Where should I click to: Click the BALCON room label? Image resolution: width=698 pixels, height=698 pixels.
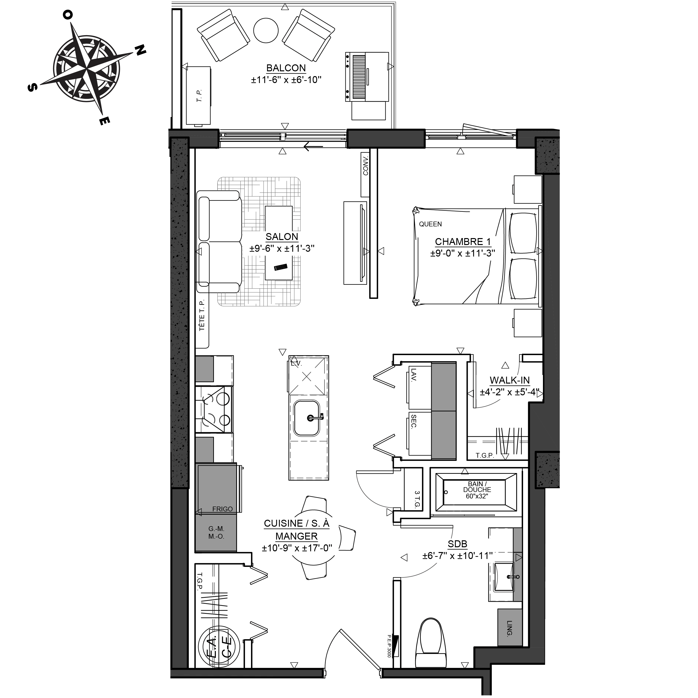click(286, 68)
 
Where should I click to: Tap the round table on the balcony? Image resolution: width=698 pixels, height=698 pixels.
click(266, 30)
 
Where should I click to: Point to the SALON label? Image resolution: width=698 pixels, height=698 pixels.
click(282, 237)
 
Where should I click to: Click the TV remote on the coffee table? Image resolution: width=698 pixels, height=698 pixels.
click(281, 267)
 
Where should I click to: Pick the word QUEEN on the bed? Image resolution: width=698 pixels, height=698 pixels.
click(430, 224)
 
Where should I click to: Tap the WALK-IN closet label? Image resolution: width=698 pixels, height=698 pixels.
click(509, 380)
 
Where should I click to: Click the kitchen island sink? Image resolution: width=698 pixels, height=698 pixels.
click(307, 418)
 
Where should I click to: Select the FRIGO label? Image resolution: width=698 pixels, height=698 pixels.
click(222, 509)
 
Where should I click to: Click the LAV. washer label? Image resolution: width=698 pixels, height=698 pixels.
click(414, 375)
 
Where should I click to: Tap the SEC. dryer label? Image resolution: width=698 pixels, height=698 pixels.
click(414, 421)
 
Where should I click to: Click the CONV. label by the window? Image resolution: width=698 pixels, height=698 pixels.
click(366, 166)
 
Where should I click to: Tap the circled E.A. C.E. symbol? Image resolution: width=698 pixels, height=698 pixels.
click(219, 647)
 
